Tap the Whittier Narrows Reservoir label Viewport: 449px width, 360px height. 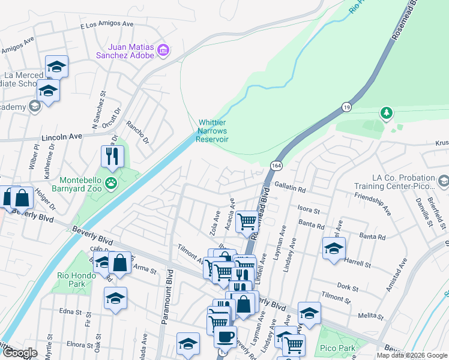[214, 131]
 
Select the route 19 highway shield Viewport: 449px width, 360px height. [346, 106]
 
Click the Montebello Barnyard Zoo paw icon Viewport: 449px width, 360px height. [111, 182]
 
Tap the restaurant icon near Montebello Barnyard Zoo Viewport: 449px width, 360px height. [112, 156]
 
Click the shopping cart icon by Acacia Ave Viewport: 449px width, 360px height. [247, 221]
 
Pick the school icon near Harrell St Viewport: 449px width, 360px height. [334, 248]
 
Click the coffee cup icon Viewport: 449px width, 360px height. [226, 337]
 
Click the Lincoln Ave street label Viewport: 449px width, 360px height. [61, 137]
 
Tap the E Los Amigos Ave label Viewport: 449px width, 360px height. [106, 25]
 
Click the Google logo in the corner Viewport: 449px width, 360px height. [20, 353]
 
